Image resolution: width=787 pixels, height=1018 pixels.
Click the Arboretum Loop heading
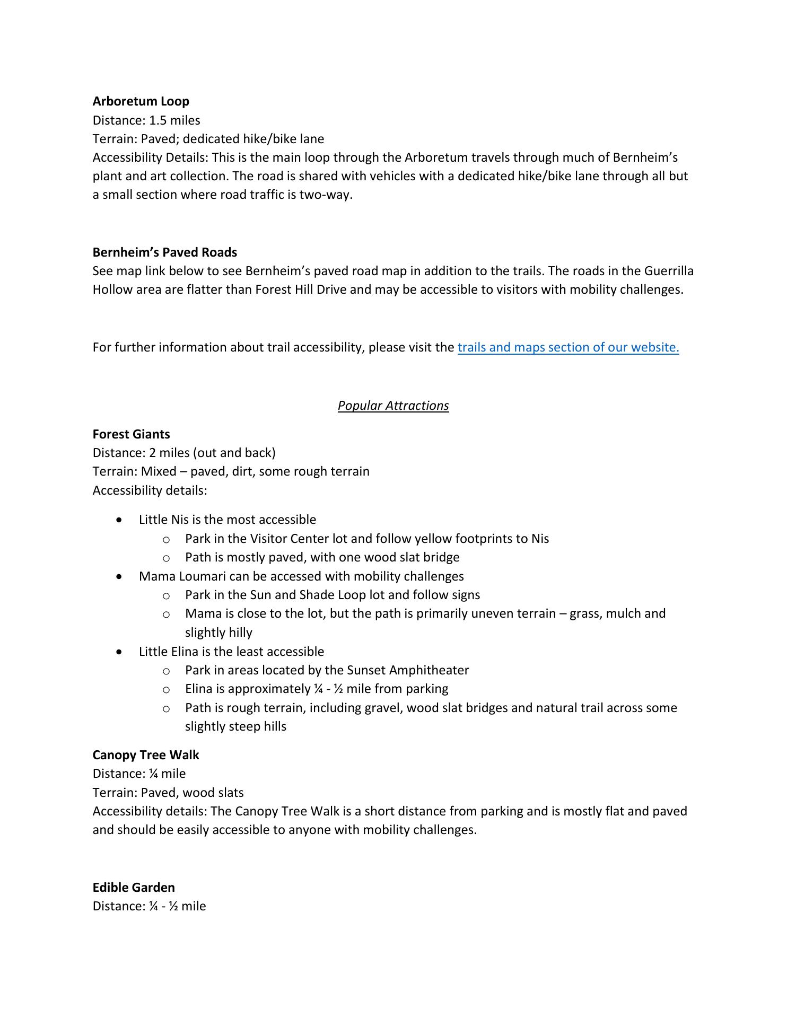tap(141, 101)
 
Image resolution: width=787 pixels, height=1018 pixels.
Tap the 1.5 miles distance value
tap(174, 120)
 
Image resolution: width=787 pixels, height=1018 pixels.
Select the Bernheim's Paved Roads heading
tap(164, 252)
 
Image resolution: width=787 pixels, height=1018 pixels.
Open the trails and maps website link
tap(568, 347)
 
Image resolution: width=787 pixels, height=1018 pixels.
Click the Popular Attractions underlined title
tap(393, 406)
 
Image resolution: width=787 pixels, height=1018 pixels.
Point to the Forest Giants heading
tap(131, 434)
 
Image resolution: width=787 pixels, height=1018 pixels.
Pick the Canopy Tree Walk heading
tap(146, 755)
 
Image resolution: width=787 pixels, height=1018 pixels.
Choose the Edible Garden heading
tap(134, 888)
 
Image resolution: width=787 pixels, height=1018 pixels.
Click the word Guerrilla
tap(669, 271)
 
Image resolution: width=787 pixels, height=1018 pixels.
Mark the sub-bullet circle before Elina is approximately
tap(166, 689)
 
